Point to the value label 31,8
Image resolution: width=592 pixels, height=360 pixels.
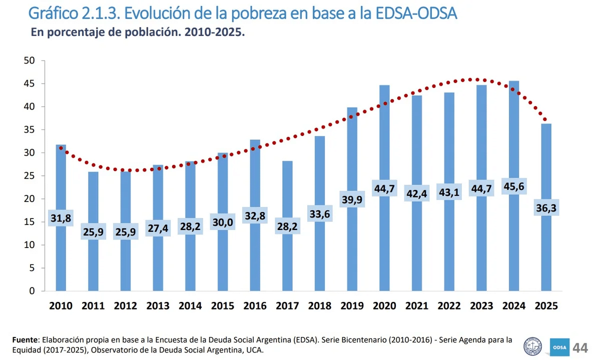61,218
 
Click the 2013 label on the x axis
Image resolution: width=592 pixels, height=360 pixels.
158,306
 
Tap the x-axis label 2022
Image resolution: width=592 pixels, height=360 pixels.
449,306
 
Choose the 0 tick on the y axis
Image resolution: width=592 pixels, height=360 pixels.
32,291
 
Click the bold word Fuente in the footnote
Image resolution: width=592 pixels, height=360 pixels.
25,340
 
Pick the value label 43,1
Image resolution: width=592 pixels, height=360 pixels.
449,193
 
